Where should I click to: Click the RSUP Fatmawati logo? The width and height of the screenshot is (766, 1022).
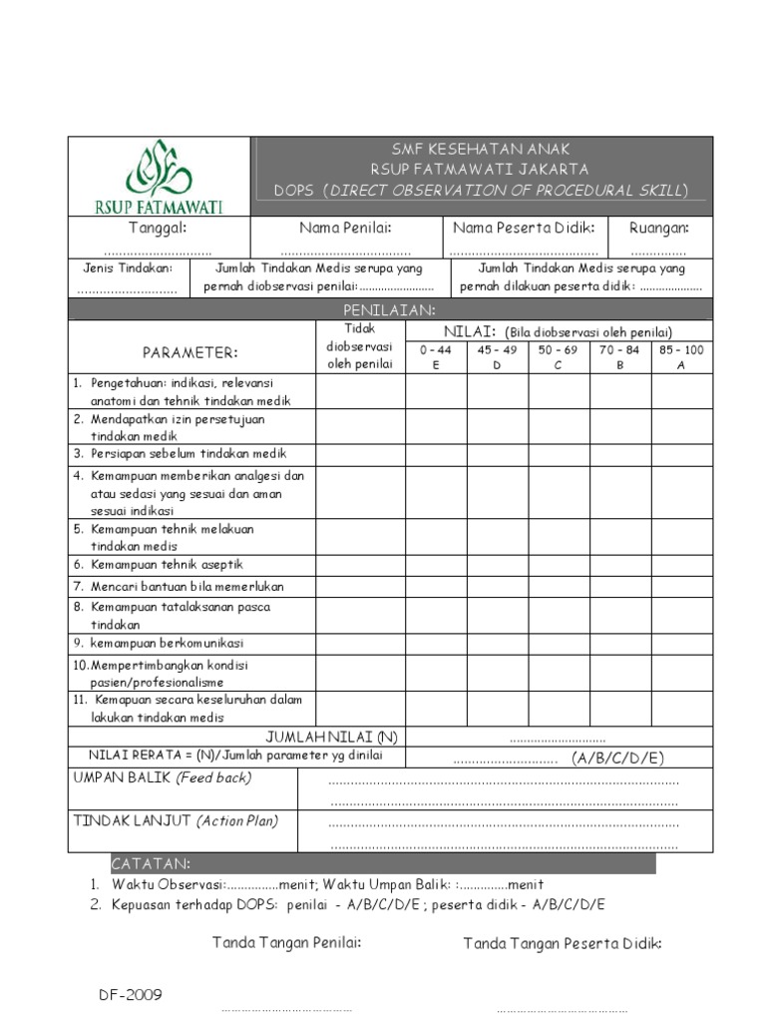(x=160, y=177)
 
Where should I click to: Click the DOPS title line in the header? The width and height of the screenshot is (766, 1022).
(x=481, y=190)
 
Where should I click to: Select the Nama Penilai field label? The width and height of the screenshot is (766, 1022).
(x=345, y=229)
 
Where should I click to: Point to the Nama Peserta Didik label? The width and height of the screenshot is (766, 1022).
(x=525, y=229)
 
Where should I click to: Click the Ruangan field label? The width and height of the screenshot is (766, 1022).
(x=658, y=229)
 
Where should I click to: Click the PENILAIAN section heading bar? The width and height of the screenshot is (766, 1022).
(x=389, y=310)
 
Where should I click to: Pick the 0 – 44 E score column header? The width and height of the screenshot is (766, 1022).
(x=435, y=357)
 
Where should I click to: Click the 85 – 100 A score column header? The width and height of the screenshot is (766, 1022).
(x=681, y=357)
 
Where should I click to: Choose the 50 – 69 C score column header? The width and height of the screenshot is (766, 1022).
(x=558, y=357)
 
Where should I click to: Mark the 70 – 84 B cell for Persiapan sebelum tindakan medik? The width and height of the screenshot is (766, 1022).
(x=619, y=453)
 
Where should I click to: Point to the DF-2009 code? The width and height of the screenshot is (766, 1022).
(x=130, y=995)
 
